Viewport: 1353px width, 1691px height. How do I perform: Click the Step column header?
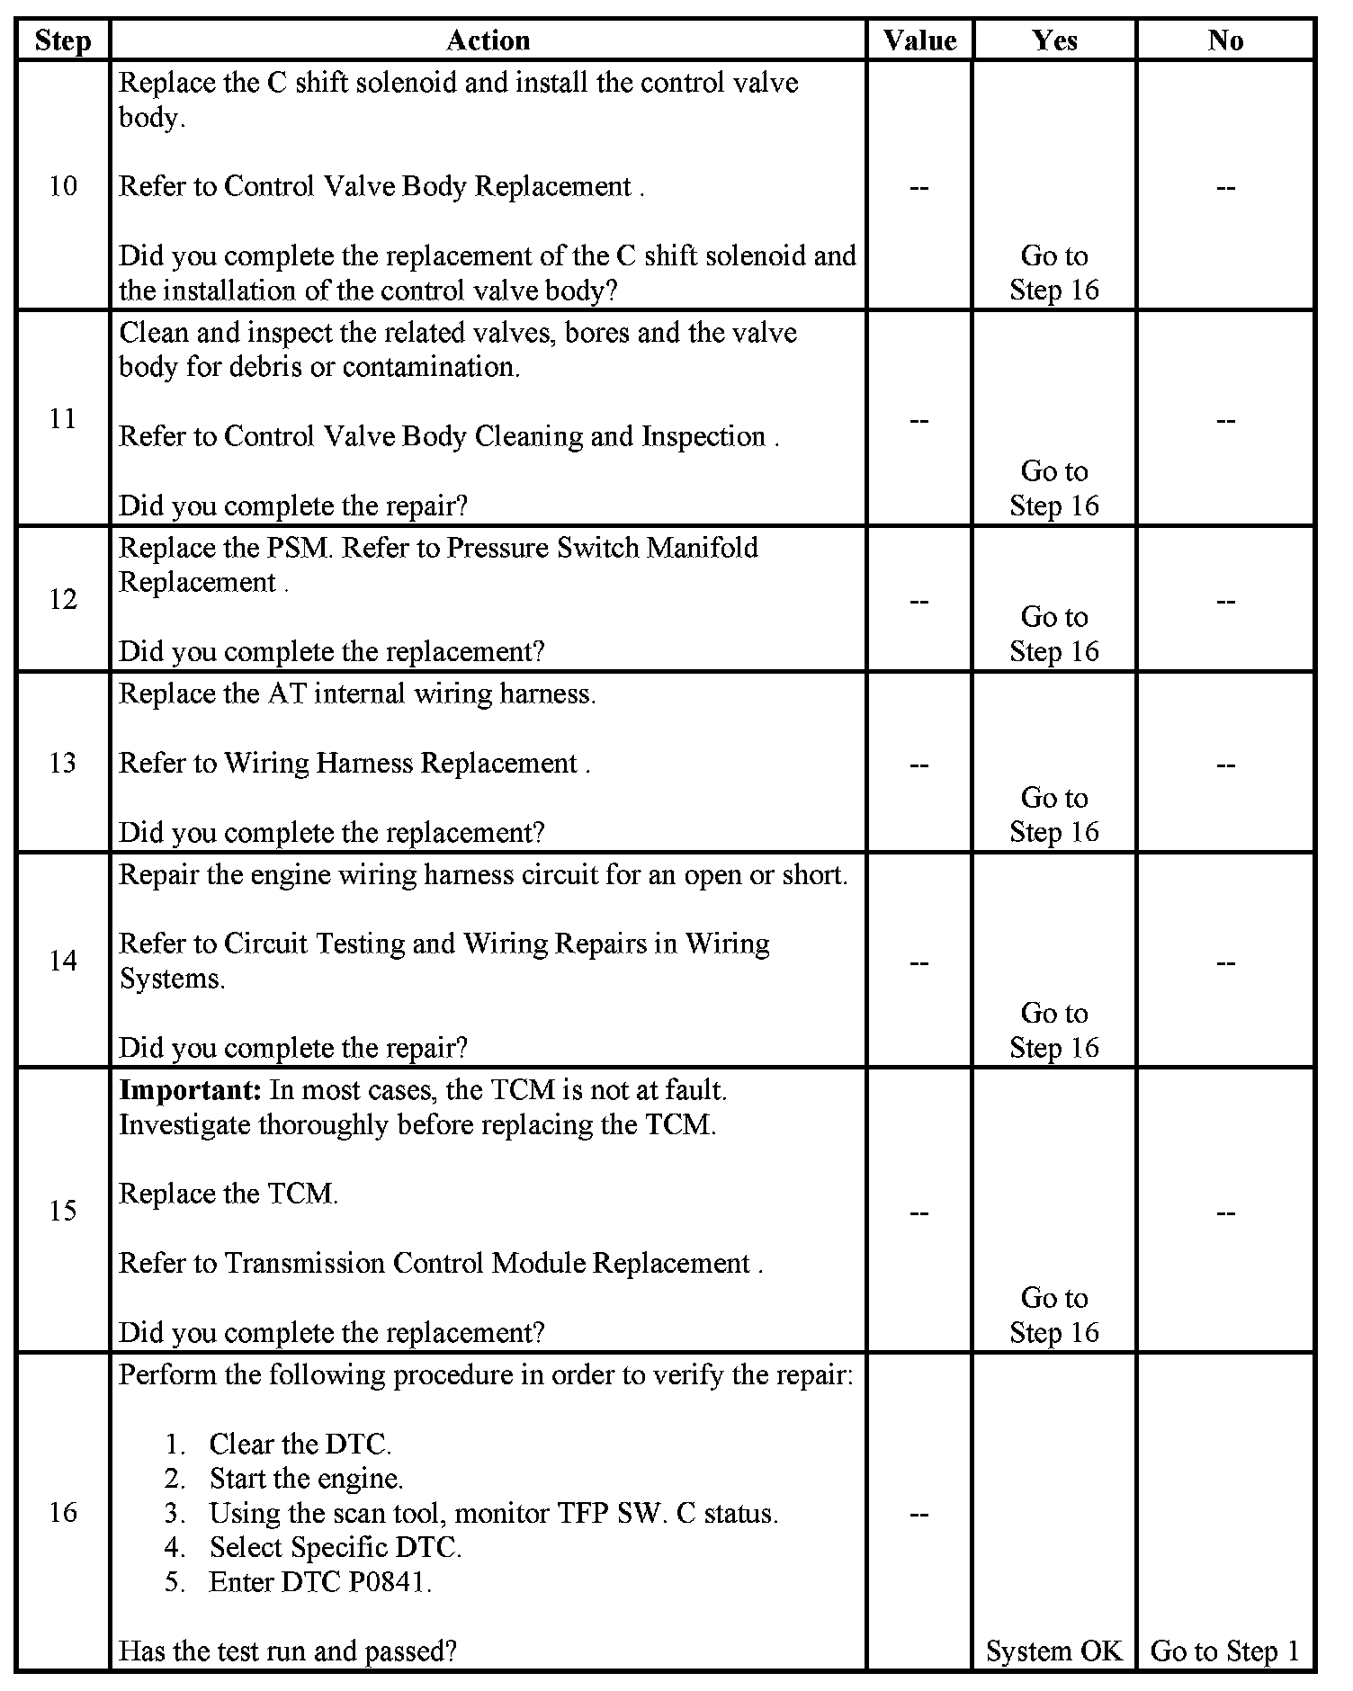[63, 41]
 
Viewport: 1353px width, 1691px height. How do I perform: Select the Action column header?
[488, 41]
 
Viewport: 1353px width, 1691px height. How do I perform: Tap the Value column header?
[919, 41]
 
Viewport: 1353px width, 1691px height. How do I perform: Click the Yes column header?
[1054, 41]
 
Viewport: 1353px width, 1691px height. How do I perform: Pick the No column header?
[1225, 41]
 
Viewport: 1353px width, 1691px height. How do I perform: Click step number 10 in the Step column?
[63, 186]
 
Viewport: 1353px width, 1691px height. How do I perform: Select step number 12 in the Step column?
[63, 599]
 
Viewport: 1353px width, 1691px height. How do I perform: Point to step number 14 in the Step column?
[63, 961]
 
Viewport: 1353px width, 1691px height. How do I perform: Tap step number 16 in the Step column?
[63, 1512]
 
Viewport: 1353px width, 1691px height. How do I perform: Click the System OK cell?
[1054, 1651]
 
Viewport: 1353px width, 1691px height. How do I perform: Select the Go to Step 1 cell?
[1225, 1651]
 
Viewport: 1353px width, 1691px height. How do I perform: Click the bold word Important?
[190, 1090]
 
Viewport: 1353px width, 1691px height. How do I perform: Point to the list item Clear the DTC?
[300, 1444]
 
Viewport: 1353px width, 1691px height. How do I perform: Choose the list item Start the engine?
[306, 1478]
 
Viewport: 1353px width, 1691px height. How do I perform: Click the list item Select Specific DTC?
[335, 1547]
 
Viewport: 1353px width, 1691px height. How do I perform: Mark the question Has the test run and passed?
[288, 1651]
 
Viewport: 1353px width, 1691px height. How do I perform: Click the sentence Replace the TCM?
[228, 1194]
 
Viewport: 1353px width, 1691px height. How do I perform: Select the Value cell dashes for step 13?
[919, 765]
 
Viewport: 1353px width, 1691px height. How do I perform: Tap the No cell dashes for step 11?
[1225, 420]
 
